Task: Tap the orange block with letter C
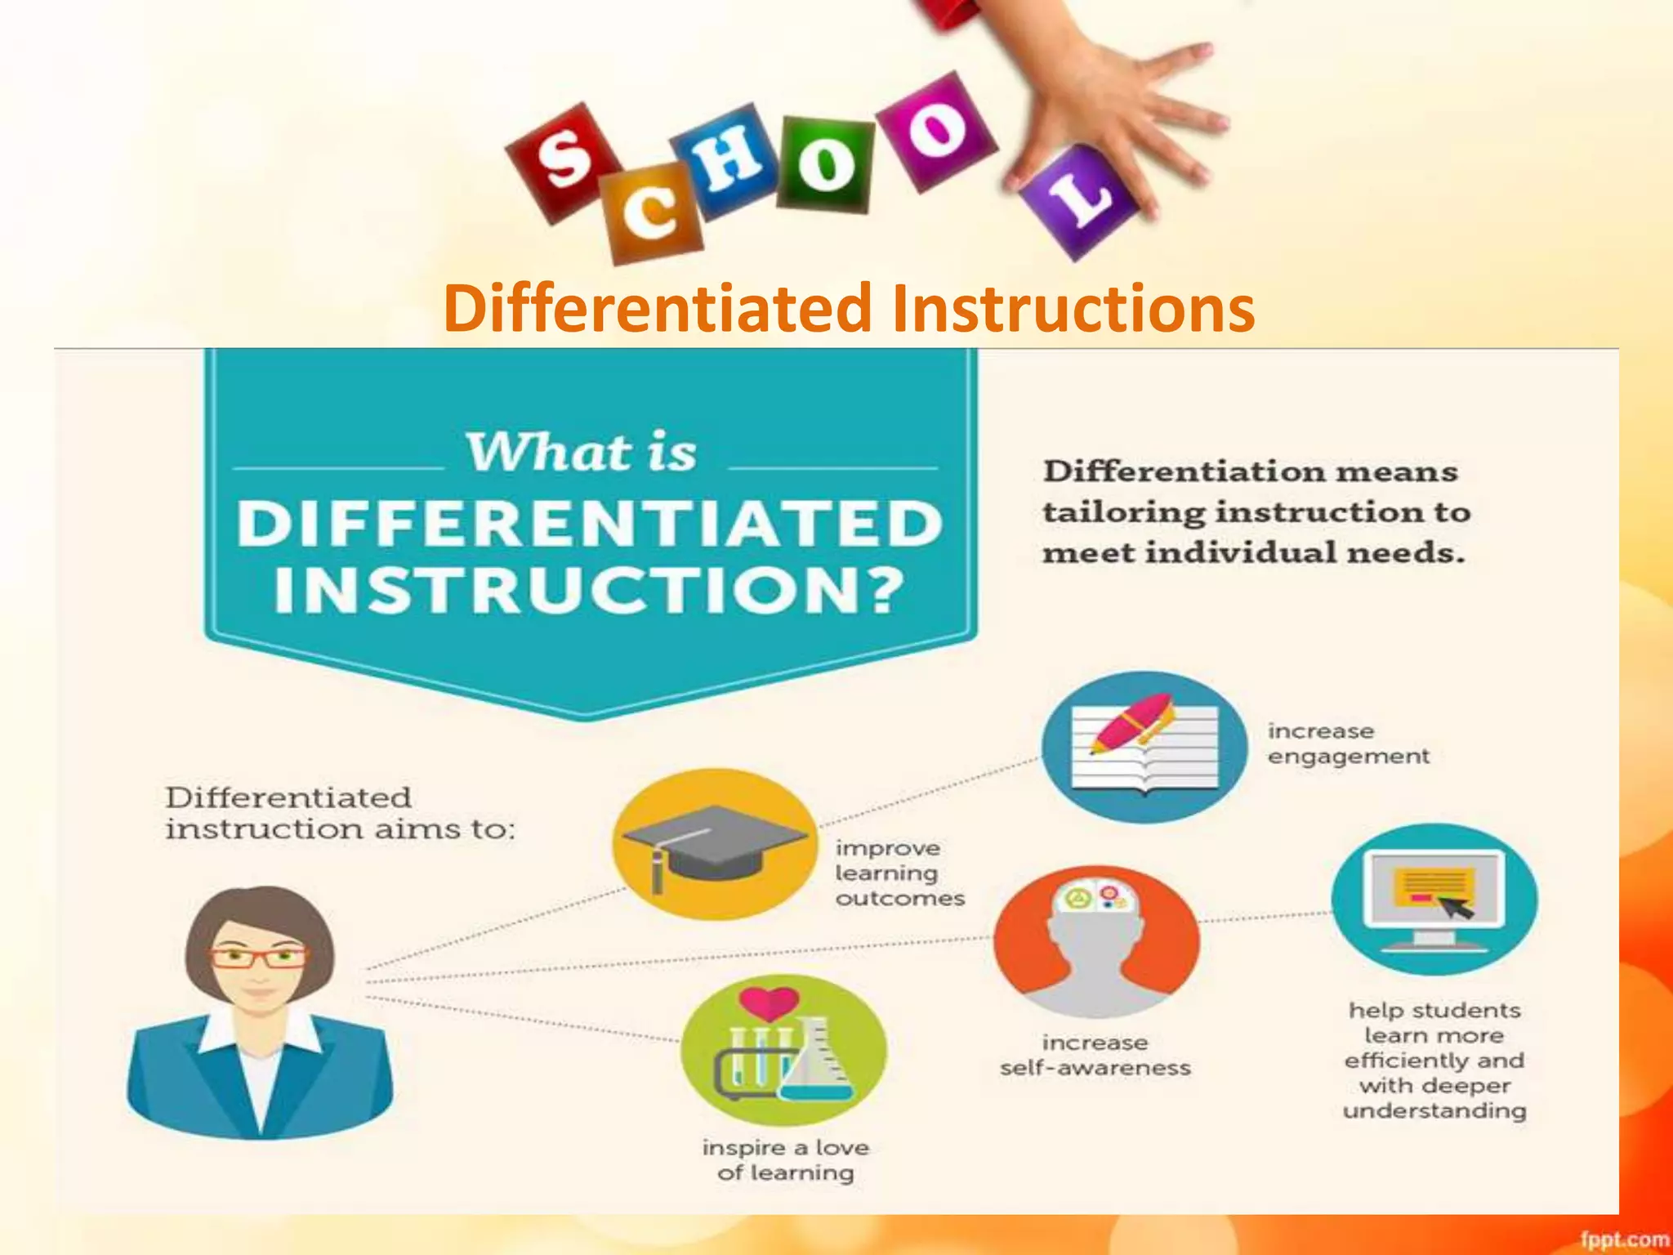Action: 652,212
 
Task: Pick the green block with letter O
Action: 825,163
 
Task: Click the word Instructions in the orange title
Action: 1072,309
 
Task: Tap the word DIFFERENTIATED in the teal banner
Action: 590,524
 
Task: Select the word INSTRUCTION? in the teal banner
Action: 590,589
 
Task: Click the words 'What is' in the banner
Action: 581,452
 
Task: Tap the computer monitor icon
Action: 1434,899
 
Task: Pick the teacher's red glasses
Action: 260,956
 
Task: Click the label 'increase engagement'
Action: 1348,744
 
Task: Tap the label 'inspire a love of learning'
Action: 785,1160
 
